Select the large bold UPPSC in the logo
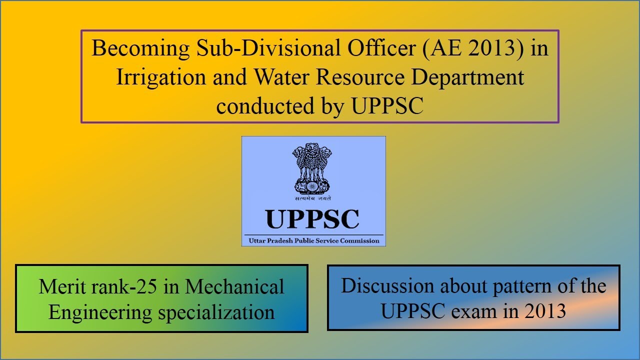point(312,219)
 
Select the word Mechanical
point(235,287)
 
